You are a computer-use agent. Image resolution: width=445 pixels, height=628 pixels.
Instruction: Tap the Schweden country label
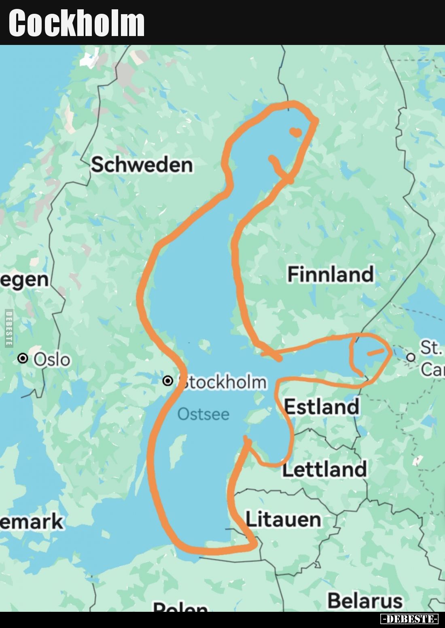coord(142,164)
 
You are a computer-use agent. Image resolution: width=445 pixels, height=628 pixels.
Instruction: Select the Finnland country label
coord(330,274)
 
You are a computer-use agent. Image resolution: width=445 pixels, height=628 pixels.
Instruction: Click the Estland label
coord(322,406)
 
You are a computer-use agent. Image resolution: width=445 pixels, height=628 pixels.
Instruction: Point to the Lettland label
coord(324,469)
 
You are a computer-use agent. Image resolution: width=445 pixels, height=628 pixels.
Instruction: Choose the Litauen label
coord(283,519)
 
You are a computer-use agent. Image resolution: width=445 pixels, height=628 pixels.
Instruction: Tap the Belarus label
coord(365,600)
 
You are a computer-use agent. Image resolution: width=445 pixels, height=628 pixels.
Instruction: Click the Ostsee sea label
coord(203,414)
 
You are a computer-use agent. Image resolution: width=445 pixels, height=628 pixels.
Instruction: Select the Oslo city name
coord(52,359)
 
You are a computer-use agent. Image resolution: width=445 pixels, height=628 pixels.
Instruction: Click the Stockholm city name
coord(223,382)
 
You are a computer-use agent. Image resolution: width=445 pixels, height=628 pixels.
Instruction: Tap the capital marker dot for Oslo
coord(23,358)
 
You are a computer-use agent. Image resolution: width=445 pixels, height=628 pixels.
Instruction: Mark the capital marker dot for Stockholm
coord(167,381)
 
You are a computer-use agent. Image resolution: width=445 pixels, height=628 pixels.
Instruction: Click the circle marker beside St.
coord(411,357)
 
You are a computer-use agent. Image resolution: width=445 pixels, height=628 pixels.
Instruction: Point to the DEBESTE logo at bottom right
coord(409,619)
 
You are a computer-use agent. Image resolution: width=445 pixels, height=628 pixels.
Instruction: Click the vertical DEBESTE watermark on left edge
coord(9,328)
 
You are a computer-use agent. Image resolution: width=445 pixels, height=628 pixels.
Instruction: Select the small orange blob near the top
coord(296,132)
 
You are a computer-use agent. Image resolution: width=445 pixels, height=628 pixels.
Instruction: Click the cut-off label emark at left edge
coord(32,521)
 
